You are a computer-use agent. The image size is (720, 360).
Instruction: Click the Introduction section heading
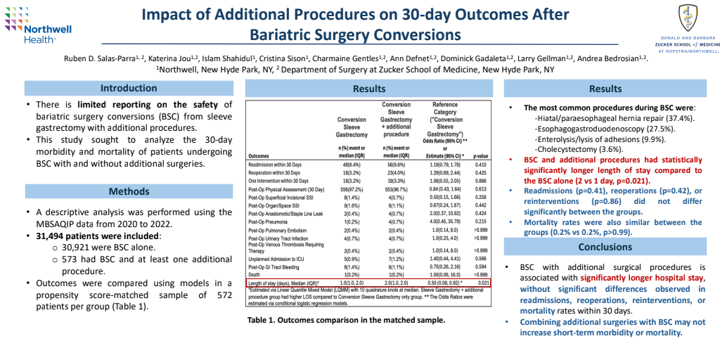coord(129,89)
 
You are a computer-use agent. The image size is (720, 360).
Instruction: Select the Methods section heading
coord(129,191)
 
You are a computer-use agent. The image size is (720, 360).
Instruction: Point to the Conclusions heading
coord(605,247)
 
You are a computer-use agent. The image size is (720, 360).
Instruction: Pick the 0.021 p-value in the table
coord(483,283)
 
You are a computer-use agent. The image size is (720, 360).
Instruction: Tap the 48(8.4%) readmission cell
coord(352,165)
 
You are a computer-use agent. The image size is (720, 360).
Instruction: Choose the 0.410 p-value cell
coord(482,165)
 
